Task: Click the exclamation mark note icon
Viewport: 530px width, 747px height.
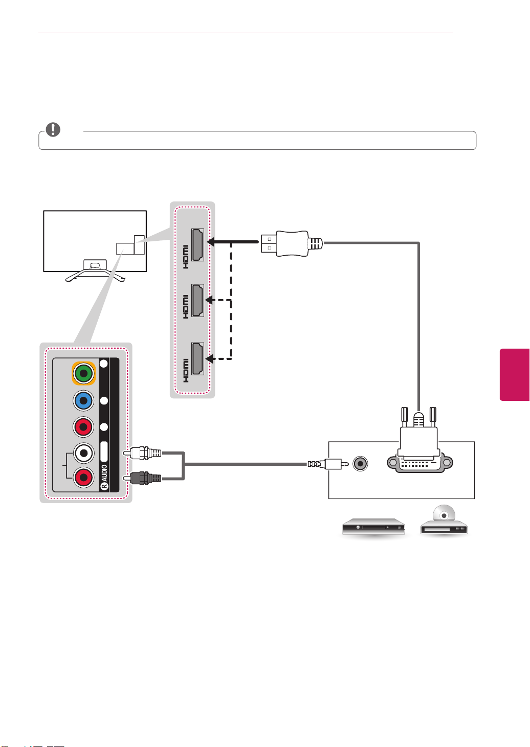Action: [x=53, y=129]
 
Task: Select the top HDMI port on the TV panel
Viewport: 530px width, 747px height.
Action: [x=197, y=244]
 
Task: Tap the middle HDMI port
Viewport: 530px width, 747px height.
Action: [x=197, y=300]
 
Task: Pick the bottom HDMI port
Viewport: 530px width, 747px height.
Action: [x=197, y=358]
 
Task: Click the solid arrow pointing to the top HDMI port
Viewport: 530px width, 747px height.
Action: [x=233, y=242]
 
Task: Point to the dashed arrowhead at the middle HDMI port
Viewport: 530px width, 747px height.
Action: [x=209, y=300]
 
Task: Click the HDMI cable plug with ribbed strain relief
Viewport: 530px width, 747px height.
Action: [x=292, y=243]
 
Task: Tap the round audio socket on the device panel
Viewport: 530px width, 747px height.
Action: [x=360, y=464]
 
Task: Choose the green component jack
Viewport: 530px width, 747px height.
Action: [x=83, y=373]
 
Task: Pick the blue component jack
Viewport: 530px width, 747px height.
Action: [x=83, y=400]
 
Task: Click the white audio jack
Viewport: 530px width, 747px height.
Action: [x=83, y=453]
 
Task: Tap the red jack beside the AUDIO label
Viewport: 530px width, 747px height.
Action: [x=83, y=478]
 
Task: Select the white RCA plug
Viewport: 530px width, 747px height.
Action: [x=143, y=453]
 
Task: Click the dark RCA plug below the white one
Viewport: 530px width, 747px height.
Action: [x=143, y=478]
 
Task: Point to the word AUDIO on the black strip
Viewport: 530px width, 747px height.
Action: [x=104, y=473]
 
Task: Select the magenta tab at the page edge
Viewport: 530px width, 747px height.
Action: [x=515, y=374]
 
